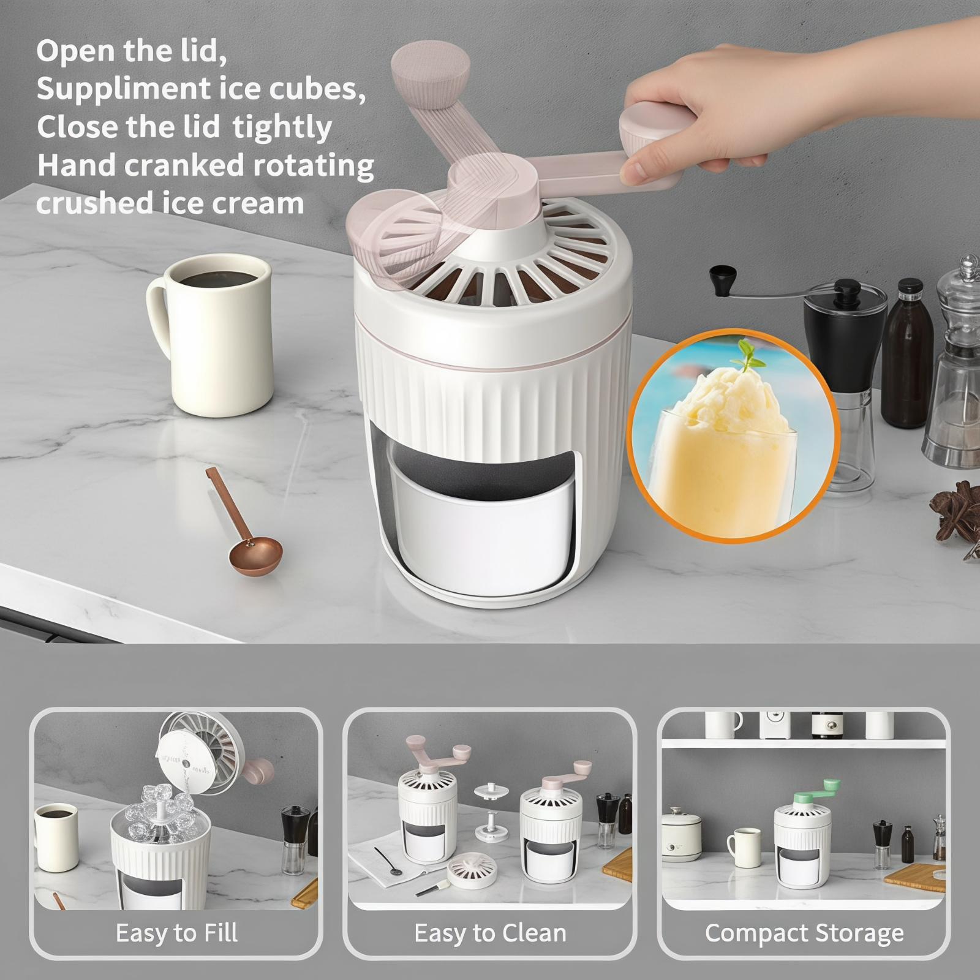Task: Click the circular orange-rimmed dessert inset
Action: click(x=733, y=434)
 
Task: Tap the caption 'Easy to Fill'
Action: click(x=176, y=933)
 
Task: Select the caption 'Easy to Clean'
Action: click(x=490, y=933)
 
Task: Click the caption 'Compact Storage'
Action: click(x=804, y=933)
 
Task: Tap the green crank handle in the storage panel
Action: click(x=818, y=794)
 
